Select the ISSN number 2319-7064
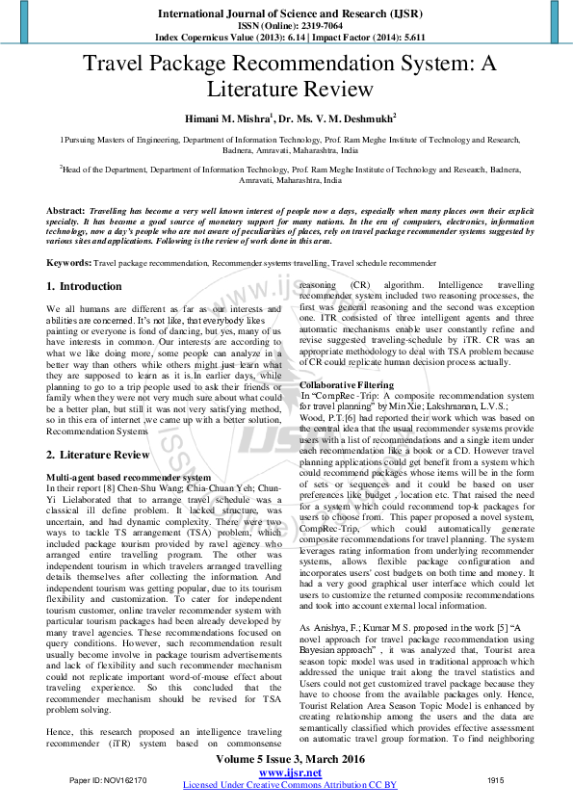click(x=310, y=25)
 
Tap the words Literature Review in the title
click(x=290, y=90)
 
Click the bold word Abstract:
click(x=65, y=209)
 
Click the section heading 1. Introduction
click(x=85, y=287)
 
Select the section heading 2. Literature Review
click(x=98, y=455)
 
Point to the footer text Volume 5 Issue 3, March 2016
click(x=290, y=760)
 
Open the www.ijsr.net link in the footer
click(x=290, y=772)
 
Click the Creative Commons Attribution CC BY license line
click(x=290, y=785)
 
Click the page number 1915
click(x=496, y=779)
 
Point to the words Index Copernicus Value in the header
click(x=206, y=37)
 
